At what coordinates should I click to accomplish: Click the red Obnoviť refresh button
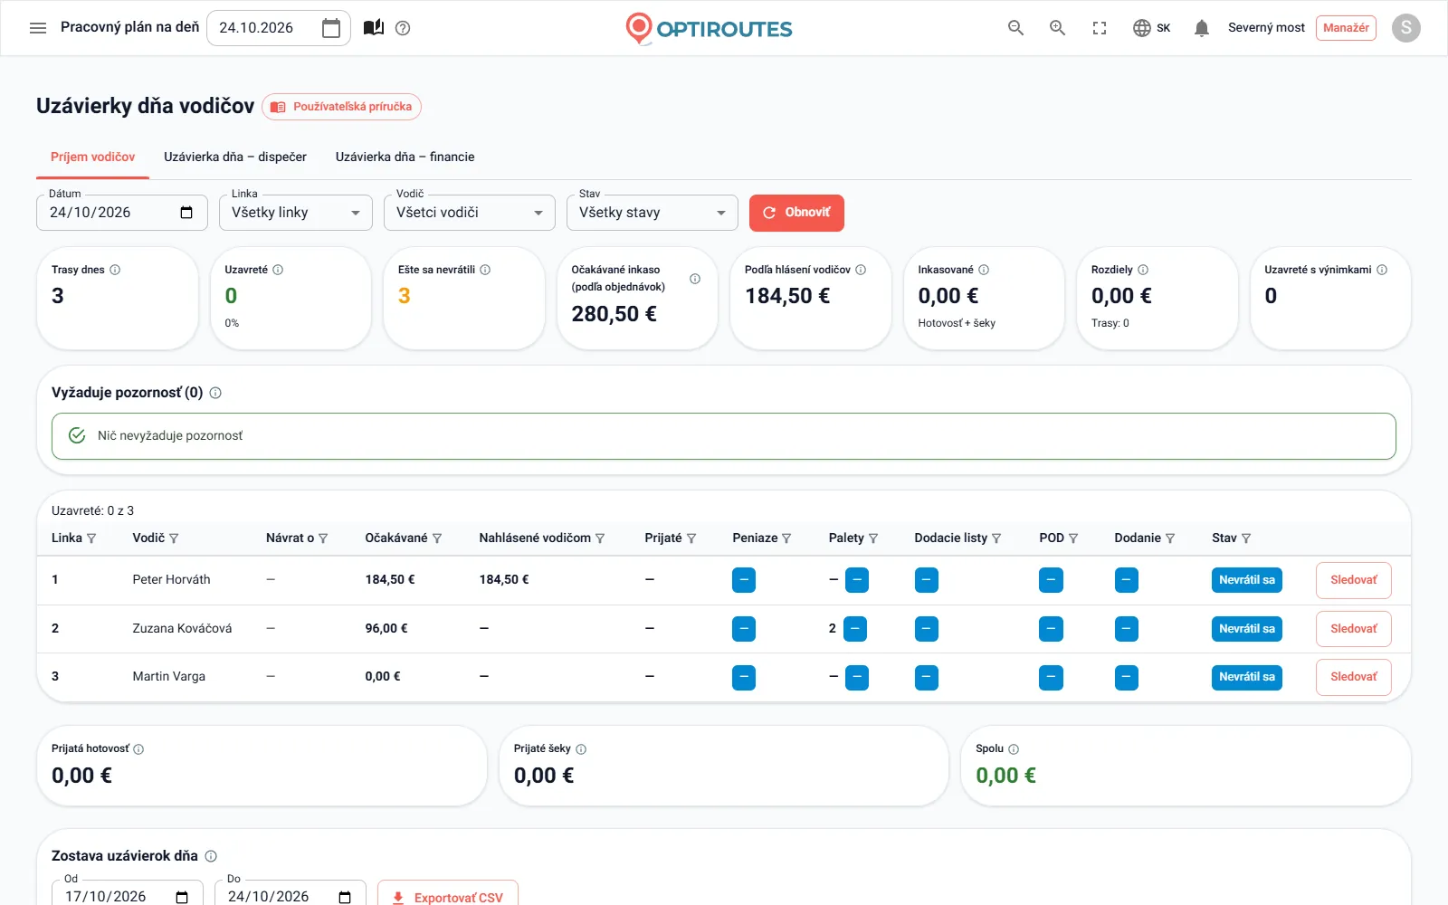click(x=796, y=213)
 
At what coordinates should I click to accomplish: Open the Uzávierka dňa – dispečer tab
click(x=235, y=157)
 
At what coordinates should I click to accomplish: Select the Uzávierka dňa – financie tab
click(x=405, y=157)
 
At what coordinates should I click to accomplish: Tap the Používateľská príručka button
click(x=341, y=107)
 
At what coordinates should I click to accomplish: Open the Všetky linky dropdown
click(x=295, y=213)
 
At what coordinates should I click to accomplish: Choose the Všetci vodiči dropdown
click(x=470, y=213)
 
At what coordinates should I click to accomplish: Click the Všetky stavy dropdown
click(x=653, y=213)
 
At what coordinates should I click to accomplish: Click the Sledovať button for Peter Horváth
click(x=1354, y=580)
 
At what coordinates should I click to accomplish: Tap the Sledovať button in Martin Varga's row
click(x=1354, y=677)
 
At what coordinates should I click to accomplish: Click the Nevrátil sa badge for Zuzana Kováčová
click(x=1247, y=628)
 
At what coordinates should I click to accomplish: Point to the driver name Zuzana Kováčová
click(x=182, y=628)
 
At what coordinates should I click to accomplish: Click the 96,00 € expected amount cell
click(x=386, y=628)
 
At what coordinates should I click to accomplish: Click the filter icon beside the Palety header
click(x=873, y=538)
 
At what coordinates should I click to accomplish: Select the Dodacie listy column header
click(x=951, y=538)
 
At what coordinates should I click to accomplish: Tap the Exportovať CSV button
click(x=448, y=897)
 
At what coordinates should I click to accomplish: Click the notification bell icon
click(x=1202, y=28)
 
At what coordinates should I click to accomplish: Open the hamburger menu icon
click(x=38, y=28)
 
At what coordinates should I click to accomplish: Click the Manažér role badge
click(x=1346, y=28)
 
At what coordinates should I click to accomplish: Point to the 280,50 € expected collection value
click(x=614, y=314)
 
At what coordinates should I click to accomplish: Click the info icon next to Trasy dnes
click(x=115, y=270)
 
